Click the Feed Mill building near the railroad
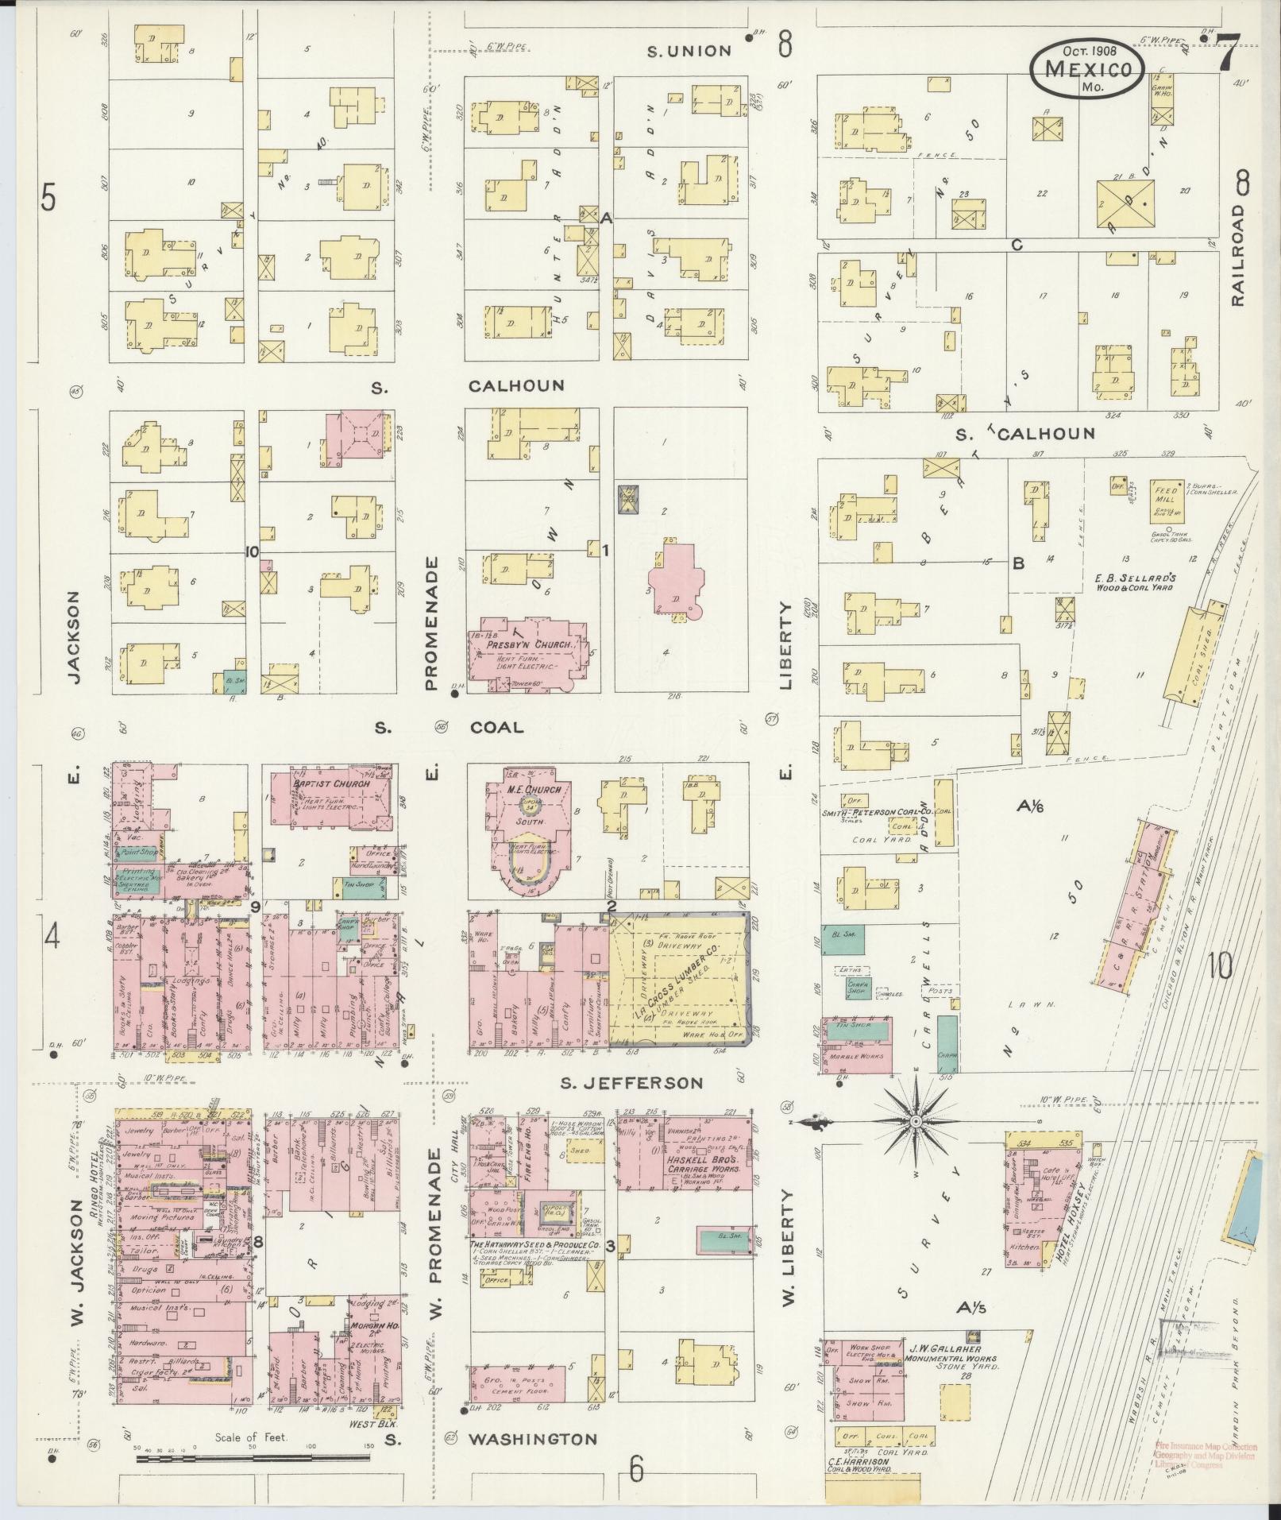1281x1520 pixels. [x=1165, y=499]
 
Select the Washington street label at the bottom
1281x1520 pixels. [x=531, y=1439]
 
